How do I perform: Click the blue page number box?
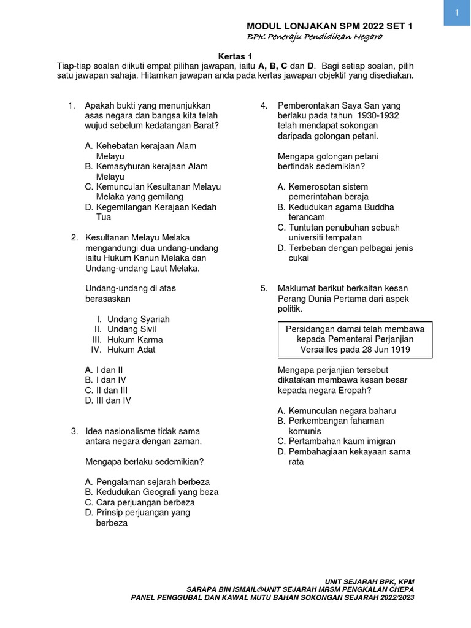[x=457, y=13]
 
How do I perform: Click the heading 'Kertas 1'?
[x=236, y=55]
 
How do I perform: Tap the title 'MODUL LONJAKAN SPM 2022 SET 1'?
[x=329, y=26]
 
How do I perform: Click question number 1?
[x=71, y=105]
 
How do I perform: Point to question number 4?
[x=264, y=105]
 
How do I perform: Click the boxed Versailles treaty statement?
[x=356, y=339]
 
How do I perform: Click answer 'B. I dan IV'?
[x=105, y=380]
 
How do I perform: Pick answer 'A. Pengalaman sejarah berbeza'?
[x=147, y=482]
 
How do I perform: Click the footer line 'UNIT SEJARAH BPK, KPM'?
[x=373, y=581]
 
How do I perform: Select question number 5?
[x=264, y=288]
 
